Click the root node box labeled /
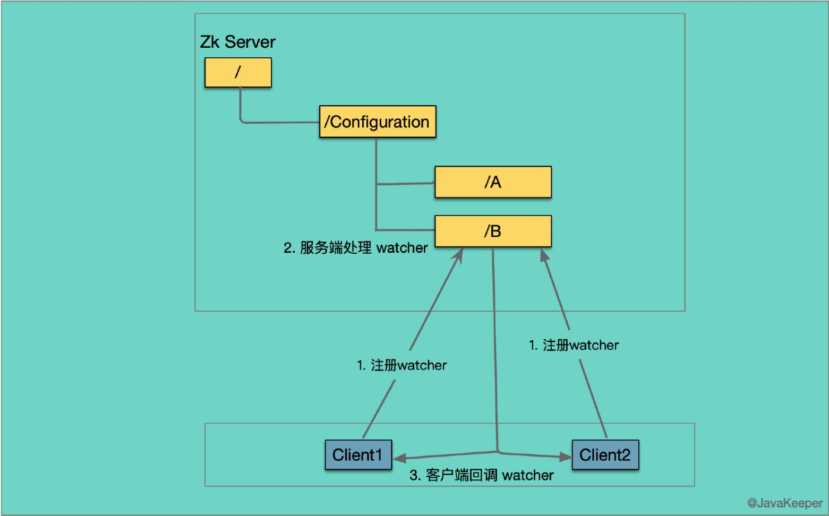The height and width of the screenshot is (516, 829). point(238,72)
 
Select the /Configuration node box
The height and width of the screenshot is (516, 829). point(377,122)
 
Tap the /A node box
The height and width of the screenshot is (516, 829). point(493,182)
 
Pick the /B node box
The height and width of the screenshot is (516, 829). point(493,231)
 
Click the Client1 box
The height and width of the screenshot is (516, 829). point(358,455)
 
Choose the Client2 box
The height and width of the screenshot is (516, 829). point(605,455)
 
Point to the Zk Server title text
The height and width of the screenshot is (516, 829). point(237,42)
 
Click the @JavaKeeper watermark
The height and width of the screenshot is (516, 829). point(784,503)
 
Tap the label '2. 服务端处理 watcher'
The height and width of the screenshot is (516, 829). point(355,248)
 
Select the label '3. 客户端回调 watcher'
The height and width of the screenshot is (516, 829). point(481,475)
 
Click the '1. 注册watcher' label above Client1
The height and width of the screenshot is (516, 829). point(401,365)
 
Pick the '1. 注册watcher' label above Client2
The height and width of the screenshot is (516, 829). point(574,345)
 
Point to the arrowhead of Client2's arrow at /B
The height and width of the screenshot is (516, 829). point(544,256)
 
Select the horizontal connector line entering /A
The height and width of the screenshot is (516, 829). point(405,184)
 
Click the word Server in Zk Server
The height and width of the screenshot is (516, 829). point(250,42)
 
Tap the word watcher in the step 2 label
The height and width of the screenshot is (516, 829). point(402,248)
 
